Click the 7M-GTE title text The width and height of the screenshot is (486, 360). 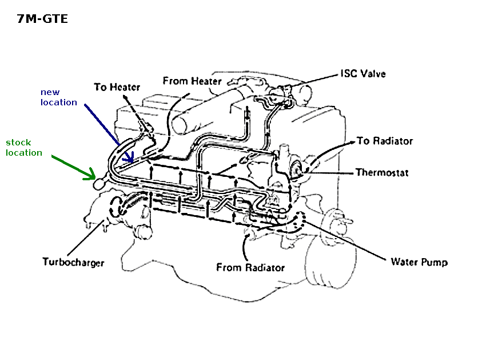pos(43,19)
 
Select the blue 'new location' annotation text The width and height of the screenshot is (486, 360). pos(58,97)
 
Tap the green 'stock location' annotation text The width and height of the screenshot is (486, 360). pos(24,148)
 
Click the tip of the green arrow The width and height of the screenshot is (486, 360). pos(93,177)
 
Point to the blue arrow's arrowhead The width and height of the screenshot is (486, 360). pos(131,161)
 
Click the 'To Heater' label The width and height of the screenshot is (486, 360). pos(118,87)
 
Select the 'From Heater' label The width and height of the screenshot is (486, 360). pos(192,81)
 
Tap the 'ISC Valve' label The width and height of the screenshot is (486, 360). pos(362,73)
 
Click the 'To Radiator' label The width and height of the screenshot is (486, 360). pos(384,141)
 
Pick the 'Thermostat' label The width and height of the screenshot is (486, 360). pos(382,172)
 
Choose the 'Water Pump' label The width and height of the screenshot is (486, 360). pos(419,262)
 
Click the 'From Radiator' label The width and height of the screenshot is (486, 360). pos(250,267)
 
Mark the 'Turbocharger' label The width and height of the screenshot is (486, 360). pos(73,262)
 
